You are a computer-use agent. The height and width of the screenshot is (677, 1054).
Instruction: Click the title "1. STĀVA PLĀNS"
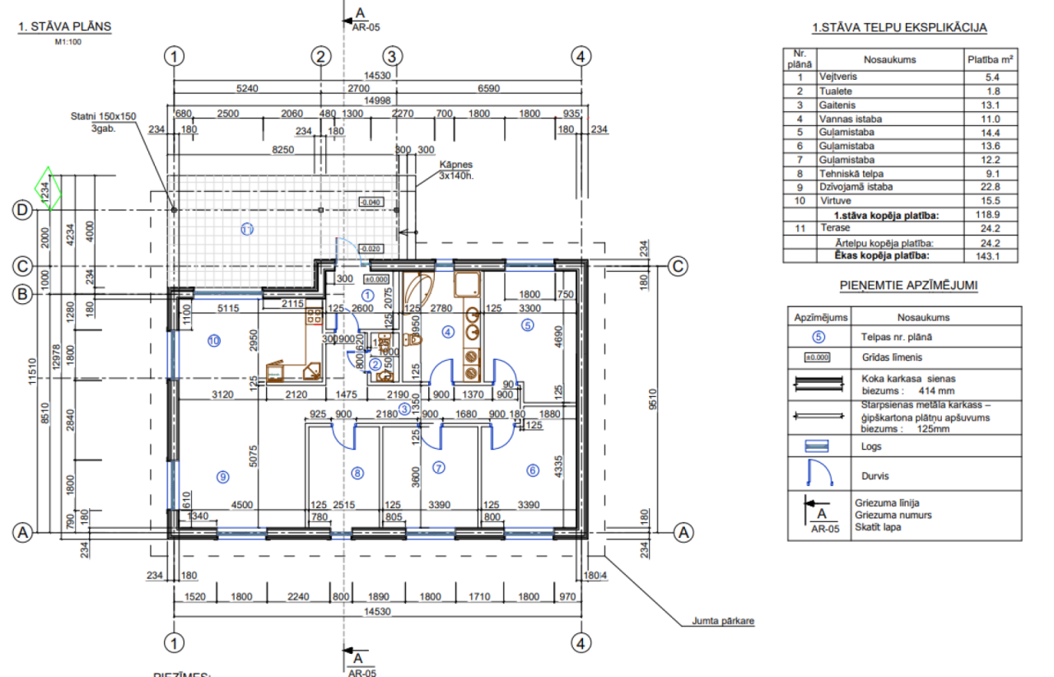(x=64, y=26)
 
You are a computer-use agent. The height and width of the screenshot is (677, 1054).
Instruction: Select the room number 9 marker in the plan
(x=221, y=475)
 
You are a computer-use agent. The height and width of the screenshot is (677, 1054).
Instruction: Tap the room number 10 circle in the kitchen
(x=214, y=339)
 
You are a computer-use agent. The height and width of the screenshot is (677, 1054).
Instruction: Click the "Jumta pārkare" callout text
(x=722, y=622)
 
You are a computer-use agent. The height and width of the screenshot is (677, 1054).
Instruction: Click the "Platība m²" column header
(x=989, y=59)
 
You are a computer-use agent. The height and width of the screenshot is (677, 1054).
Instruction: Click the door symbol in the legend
(x=820, y=475)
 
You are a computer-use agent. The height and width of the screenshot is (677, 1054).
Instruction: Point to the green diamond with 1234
(x=49, y=189)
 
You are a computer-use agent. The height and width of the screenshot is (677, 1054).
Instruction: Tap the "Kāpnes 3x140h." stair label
(x=455, y=170)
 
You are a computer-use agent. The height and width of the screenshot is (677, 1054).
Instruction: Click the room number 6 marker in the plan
(x=533, y=470)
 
